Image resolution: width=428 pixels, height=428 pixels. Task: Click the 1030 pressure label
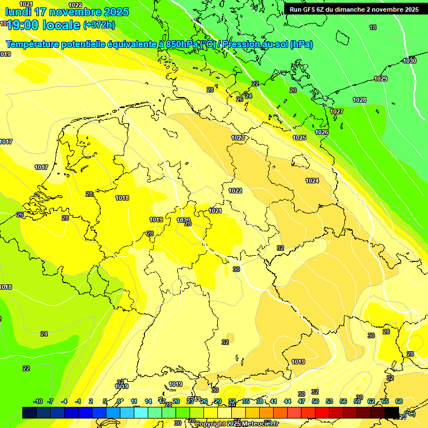point(410,60)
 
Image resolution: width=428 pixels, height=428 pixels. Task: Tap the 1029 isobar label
point(381,79)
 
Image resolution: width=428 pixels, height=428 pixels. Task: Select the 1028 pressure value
point(359,100)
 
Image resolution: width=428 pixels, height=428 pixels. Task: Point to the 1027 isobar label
point(337,112)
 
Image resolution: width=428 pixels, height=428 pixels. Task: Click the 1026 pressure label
point(322,132)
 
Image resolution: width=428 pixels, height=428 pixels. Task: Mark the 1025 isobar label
point(299,138)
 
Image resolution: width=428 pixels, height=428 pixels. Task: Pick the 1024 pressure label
point(312,181)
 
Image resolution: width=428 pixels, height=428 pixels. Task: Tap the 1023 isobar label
point(238,138)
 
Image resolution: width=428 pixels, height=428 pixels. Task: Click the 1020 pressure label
point(183,220)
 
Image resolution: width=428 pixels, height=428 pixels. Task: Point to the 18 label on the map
point(373,27)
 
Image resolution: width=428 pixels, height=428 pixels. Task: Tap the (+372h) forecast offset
point(99,25)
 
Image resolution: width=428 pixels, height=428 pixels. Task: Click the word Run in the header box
point(296,9)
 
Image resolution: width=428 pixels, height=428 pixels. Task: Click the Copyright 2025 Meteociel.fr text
point(236,424)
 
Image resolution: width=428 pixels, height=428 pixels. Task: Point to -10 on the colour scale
point(38,401)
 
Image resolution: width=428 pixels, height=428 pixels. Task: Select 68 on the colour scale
point(399,401)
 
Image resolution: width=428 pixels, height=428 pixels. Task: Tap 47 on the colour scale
point(301,401)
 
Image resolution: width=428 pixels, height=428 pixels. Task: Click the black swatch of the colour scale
point(392,412)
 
